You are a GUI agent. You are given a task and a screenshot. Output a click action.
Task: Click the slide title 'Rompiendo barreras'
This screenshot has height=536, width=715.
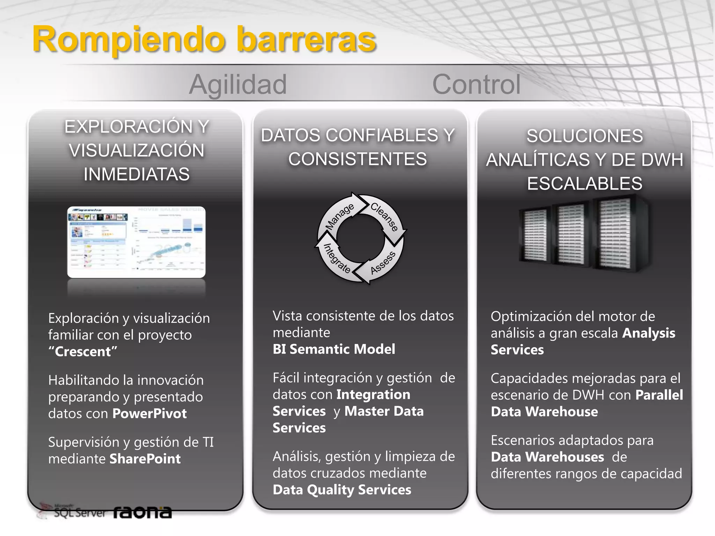coord(204,39)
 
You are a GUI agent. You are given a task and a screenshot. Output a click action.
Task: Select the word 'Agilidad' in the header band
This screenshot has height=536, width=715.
coord(238,84)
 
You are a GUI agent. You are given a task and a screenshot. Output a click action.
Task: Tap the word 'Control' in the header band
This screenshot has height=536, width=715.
coord(476,84)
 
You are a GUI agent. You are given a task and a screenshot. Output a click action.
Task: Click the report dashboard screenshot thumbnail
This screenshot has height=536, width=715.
coord(136,242)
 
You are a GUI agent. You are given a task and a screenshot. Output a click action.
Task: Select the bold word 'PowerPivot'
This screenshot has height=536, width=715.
coord(149,414)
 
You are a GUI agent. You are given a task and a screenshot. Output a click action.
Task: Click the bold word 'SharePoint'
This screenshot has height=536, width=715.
coord(145,459)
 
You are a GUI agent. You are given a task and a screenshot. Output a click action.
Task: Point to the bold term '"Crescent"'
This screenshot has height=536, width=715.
coord(83,351)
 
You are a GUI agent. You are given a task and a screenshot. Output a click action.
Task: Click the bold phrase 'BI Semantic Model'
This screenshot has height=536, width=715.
coord(334,349)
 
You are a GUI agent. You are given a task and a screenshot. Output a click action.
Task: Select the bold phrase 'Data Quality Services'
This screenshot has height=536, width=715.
coord(342,490)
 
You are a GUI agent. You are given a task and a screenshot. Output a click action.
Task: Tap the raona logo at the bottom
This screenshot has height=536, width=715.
coord(142,512)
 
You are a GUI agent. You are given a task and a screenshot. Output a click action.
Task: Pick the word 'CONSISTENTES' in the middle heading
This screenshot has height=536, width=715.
coord(357,159)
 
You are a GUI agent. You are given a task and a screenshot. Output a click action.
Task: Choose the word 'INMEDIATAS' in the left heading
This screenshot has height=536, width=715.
coord(137,174)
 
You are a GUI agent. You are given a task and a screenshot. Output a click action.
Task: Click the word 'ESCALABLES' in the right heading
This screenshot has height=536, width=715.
coord(584,184)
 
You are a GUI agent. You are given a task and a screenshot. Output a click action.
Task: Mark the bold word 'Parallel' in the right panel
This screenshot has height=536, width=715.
coord(659,395)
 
